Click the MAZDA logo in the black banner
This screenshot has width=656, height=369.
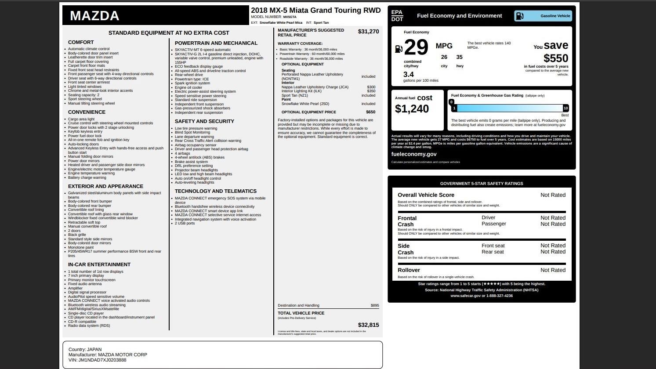click(x=94, y=16)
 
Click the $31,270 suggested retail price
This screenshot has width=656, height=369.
click(x=368, y=32)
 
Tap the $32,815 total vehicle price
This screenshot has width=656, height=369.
click(x=368, y=325)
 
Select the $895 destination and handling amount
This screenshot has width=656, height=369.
click(x=374, y=306)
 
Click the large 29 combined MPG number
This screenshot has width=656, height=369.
click(x=416, y=47)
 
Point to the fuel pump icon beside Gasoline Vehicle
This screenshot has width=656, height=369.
click(x=519, y=16)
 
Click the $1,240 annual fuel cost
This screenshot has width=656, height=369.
click(x=412, y=109)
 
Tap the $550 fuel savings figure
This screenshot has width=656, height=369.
click(x=555, y=58)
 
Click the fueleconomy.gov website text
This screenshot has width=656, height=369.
click(x=413, y=154)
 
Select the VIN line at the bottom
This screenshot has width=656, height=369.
click(x=97, y=360)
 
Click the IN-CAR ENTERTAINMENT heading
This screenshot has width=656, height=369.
click(x=99, y=264)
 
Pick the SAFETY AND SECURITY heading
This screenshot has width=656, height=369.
click(x=204, y=121)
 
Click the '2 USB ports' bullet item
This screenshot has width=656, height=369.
click(x=185, y=224)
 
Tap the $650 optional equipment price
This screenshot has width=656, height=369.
click(x=370, y=112)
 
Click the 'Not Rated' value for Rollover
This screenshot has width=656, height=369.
click(x=553, y=270)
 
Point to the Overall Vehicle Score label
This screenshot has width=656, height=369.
click(x=426, y=195)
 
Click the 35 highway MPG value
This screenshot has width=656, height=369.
click(x=459, y=57)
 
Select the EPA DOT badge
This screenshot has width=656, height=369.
click(x=397, y=16)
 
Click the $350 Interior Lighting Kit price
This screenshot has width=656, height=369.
click(x=371, y=91)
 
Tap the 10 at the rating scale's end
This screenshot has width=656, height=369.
click(x=565, y=108)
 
